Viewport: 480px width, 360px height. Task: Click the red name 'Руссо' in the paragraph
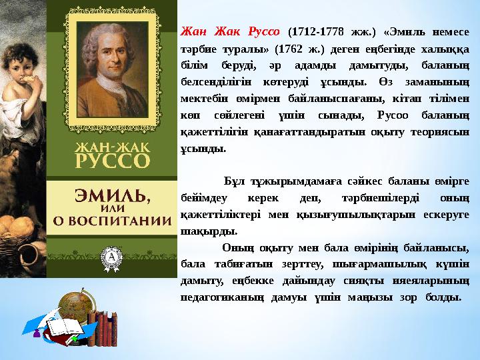[x=263, y=31]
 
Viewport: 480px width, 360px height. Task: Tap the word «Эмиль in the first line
[x=405, y=31]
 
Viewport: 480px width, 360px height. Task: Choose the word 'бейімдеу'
[x=205, y=197]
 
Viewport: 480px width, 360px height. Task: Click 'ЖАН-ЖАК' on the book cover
[x=111, y=145]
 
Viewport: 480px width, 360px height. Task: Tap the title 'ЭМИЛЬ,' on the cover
[x=111, y=195]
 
